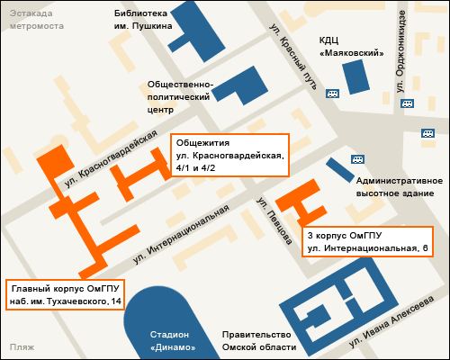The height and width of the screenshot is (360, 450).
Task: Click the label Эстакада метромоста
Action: [37, 20]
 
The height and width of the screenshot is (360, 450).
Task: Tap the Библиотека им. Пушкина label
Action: [142, 20]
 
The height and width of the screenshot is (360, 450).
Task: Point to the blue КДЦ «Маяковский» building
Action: [355, 76]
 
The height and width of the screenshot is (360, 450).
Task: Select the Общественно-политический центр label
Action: [180, 96]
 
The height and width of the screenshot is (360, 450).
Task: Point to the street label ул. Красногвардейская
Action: [105, 159]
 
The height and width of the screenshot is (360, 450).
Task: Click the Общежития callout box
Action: [229, 155]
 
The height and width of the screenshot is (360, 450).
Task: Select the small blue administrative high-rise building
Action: [340, 169]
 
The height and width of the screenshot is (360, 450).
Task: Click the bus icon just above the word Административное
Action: [357, 157]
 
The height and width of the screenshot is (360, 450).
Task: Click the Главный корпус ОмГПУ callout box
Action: [65, 294]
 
